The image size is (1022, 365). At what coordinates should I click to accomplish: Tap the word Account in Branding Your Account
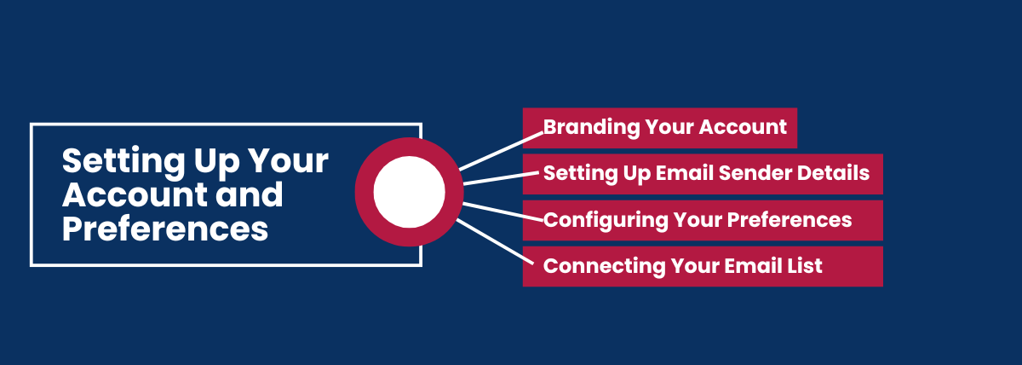pyautogui.click(x=743, y=126)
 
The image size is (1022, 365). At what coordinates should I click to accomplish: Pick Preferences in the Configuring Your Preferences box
pyautogui.click(x=789, y=220)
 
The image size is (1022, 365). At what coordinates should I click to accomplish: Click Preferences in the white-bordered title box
pyautogui.click(x=165, y=229)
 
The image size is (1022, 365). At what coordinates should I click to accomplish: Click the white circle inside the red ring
pyautogui.click(x=410, y=192)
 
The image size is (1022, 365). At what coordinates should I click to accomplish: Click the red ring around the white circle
pyautogui.click(x=365, y=192)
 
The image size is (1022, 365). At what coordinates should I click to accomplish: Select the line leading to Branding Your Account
pyautogui.click(x=502, y=151)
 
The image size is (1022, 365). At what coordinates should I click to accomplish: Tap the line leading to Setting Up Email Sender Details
pyautogui.click(x=502, y=178)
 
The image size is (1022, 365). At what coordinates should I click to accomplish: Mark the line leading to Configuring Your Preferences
pyautogui.click(x=502, y=212)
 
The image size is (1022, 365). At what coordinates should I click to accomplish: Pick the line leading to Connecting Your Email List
pyautogui.click(x=495, y=241)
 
